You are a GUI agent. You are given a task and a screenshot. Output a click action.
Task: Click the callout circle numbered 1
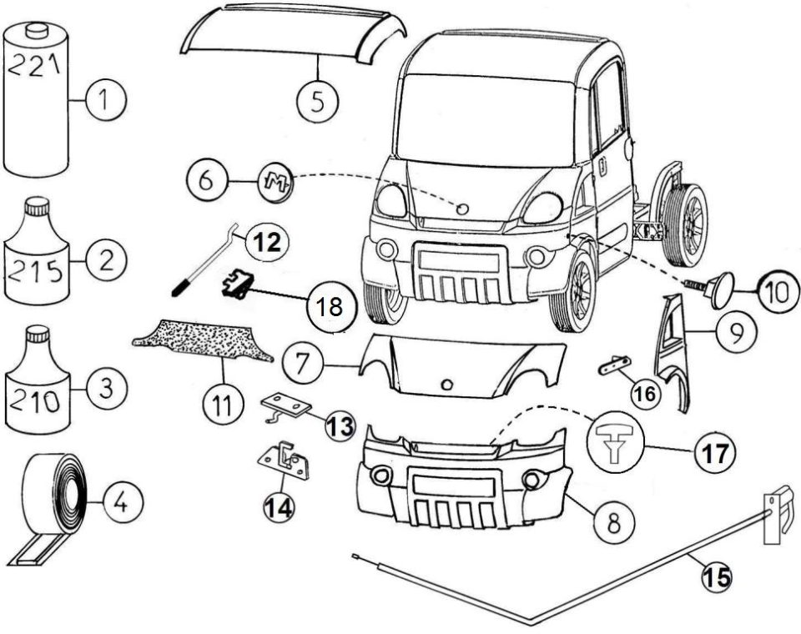[x=106, y=100]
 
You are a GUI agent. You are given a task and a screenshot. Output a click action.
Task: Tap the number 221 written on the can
[x=35, y=66]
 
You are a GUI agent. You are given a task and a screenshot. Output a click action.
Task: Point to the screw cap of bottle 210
[x=38, y=335]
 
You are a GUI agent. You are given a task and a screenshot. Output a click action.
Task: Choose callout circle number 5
[x=318, y=101]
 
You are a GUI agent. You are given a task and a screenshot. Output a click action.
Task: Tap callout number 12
[x=267, y=242]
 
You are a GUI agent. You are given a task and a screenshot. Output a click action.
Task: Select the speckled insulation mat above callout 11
[x=203, y=340]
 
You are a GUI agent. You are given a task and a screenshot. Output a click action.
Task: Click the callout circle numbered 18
[x=330, y=308]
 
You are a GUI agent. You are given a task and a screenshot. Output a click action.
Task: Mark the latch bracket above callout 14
[x=284, y=460]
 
